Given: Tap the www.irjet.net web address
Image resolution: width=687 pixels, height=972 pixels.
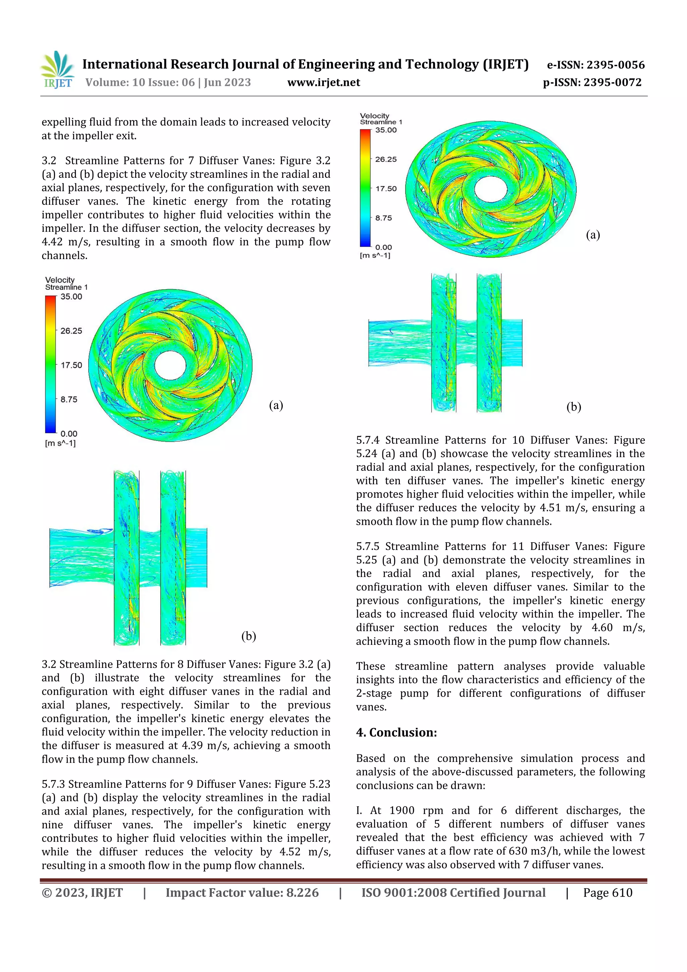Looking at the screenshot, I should (323, 82).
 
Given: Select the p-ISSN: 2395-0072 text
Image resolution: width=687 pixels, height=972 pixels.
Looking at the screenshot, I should (592, 82).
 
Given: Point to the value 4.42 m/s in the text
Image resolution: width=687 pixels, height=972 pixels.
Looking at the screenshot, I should (64, 242).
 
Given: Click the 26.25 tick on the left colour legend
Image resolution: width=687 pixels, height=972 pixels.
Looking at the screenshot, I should (71, 330).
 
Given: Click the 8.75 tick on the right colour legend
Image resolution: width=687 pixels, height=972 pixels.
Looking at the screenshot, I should (383, 218).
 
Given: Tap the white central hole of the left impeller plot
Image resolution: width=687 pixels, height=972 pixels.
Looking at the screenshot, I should (170, 366).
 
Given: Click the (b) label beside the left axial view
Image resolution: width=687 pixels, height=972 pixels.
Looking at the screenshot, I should (249, 636).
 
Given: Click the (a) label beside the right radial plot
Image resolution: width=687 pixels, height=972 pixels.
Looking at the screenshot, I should (593, 235).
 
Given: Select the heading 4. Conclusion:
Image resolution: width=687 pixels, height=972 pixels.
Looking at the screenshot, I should (396, 732).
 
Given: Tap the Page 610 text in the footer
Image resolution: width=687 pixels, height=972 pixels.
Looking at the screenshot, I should (607, 892).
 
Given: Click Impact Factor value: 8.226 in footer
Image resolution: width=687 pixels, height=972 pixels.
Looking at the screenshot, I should (242, 892).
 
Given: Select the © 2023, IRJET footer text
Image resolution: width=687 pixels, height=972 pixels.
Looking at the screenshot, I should (82, 892).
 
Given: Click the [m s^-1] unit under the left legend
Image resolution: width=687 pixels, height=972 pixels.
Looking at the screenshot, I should (60, 443).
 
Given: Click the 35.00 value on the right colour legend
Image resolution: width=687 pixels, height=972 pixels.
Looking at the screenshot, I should (386, 130).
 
